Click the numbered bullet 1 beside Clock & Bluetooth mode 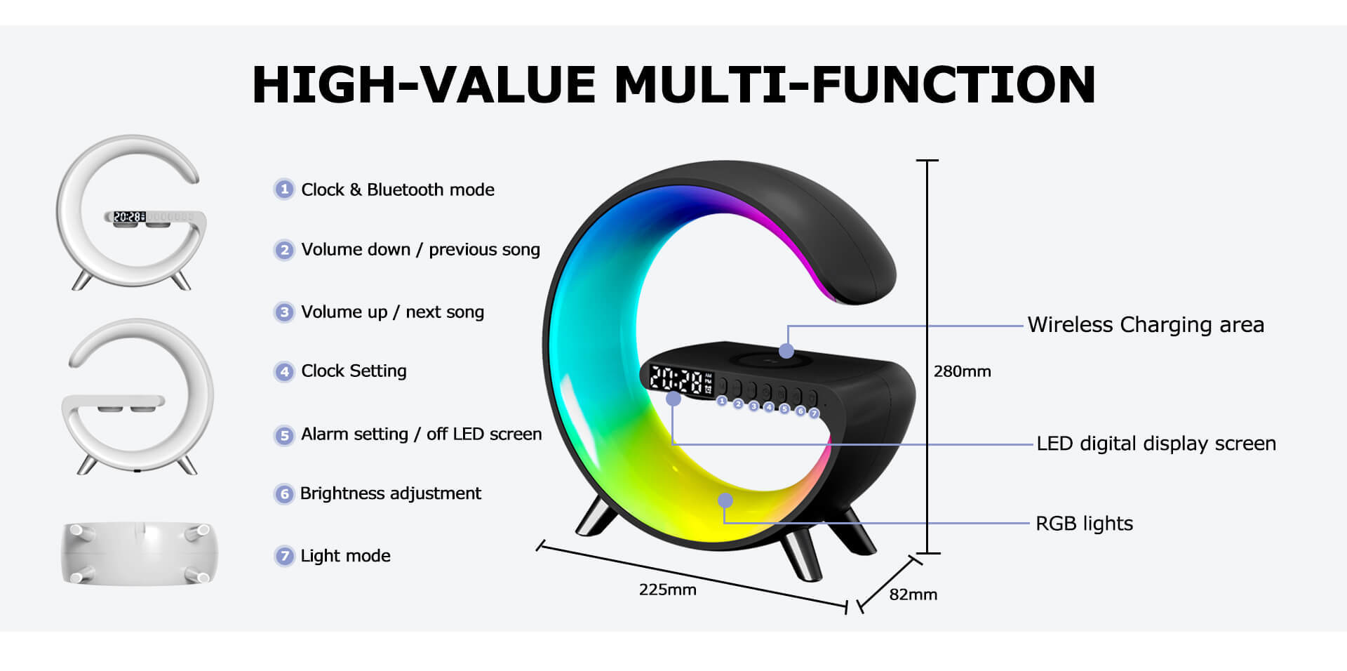283,190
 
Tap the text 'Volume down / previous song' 421,250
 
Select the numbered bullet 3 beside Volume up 283,312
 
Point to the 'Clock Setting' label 354,371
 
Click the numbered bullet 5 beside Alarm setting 283,436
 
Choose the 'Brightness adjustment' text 391,493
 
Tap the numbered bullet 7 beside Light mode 283,557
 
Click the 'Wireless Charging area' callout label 1146,325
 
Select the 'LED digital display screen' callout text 1156,444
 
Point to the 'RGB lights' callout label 1084,524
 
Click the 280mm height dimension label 962,371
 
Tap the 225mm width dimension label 667,590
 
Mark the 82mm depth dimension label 913,594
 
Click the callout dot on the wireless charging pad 786,350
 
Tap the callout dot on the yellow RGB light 725,500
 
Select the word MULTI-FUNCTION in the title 855,85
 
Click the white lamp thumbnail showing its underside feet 139,554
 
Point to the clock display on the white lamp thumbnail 129,218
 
